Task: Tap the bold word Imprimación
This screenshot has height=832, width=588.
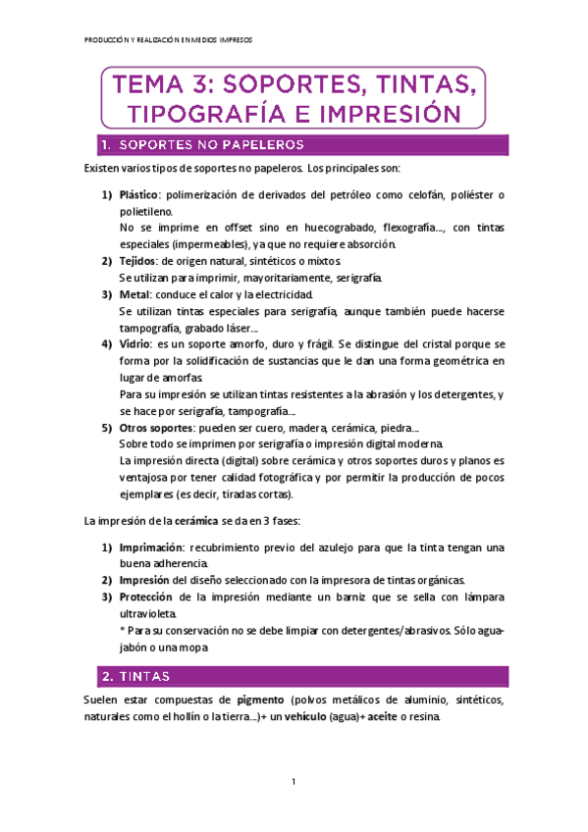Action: pos(147,546)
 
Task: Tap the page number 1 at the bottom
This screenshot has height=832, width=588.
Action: pos(294,782)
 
